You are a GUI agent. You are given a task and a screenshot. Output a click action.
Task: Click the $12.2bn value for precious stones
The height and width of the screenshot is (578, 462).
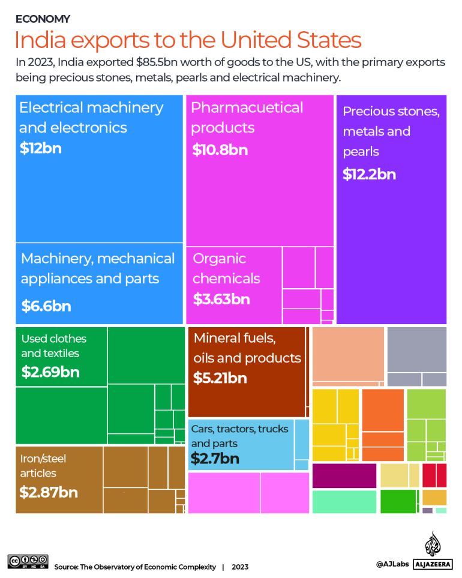pyautogui.click(x=369, y=175)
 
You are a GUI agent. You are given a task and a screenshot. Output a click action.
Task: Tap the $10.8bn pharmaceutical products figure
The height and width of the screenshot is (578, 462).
pyautogui.click(x=220, y=149)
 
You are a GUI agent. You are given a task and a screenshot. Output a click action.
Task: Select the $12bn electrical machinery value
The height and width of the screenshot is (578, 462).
pyautogui.click(x=40, y=148)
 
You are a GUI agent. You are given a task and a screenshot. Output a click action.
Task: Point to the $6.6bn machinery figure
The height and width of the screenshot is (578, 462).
pyautogui.click(x=46, y=306)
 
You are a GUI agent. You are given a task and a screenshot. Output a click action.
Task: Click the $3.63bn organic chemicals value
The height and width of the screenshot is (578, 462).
pyautogui.click(x=221, y=299)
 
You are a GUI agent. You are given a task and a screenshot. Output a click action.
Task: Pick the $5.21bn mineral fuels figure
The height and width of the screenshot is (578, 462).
pyautogui.click(x=220, y=378)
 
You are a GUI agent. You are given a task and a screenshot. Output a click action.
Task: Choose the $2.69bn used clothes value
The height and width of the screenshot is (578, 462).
pyautogui.click(x=50, y=372)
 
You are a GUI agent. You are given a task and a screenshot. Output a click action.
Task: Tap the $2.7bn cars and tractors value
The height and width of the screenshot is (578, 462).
pyautogui.click(x=215, y=459)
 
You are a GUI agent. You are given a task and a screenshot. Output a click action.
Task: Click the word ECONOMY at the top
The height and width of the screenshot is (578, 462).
pyautogui.click(x=43, y=19)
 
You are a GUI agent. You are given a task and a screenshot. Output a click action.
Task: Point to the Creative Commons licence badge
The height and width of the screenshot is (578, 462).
pyautogui.click(x=28, y=561)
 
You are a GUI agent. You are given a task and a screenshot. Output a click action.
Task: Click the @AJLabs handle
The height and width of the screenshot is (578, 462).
pyautogui.click(x=392, y=564)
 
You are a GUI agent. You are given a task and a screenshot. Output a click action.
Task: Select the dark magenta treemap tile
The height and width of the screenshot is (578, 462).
pyautogui.click(x=344, y=475)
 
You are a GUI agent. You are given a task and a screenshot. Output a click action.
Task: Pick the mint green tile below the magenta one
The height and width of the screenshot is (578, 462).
pyautogui.click(x=344, y=502)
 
